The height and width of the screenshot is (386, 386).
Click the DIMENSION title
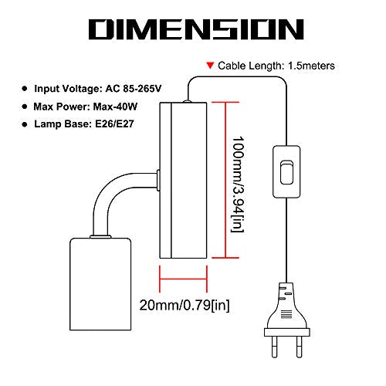196,29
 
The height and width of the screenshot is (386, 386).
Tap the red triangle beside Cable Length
210,65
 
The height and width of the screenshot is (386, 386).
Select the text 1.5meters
311,66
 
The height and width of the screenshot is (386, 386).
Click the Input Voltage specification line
98,89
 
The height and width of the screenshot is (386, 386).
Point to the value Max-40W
115,107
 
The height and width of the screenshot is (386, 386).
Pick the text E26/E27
114,124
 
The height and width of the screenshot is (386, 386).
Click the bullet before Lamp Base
25,124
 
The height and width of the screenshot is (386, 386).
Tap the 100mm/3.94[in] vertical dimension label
238,185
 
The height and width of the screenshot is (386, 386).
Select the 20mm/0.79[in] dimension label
185,306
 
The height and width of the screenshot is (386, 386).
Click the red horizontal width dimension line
183,279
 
